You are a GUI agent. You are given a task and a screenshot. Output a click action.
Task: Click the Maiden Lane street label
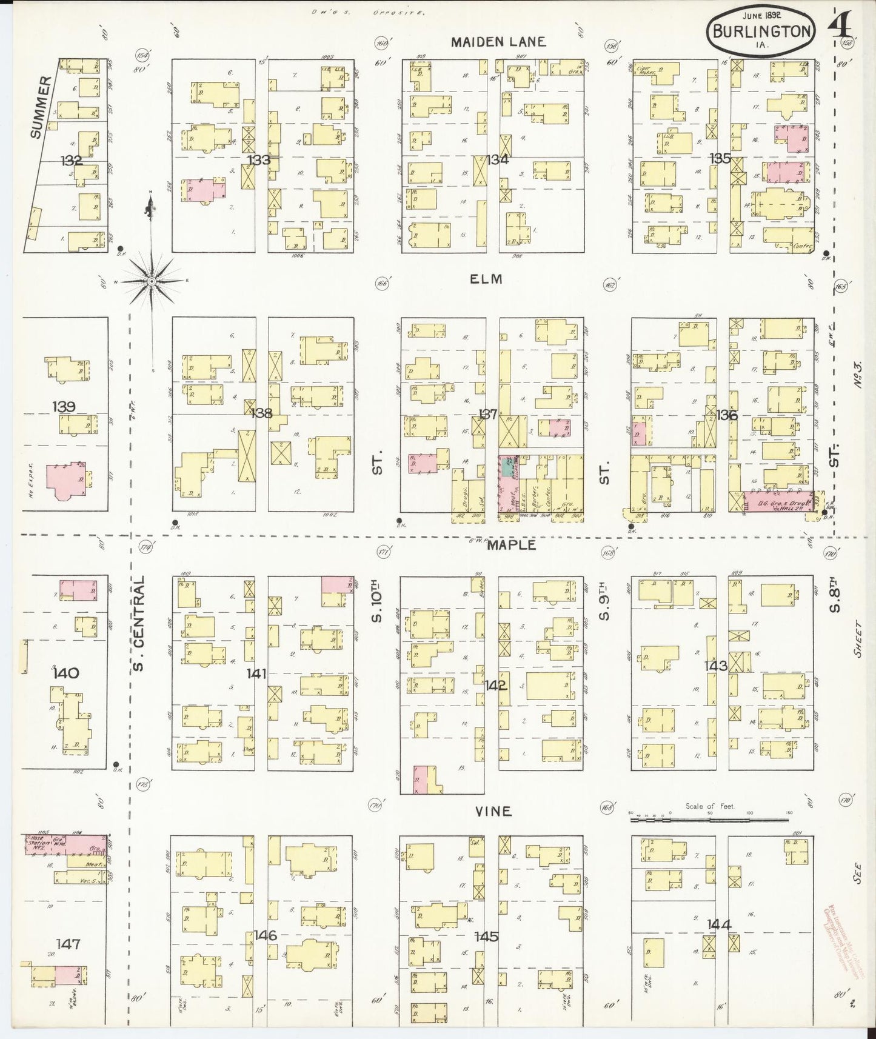tap(498, 42)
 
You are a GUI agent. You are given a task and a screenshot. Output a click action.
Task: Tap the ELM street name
tap(486, 279)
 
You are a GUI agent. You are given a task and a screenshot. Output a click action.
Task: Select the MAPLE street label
tap(512, 545)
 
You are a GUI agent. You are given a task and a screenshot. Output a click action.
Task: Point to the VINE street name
tap(493, 811)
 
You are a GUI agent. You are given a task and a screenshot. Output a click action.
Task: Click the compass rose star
tap(151, 281)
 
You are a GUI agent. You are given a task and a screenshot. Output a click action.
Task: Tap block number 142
tap(495, 686)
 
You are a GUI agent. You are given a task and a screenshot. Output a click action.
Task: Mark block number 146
tap(265, 935)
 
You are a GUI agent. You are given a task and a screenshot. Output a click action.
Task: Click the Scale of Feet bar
tap(711, 819)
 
